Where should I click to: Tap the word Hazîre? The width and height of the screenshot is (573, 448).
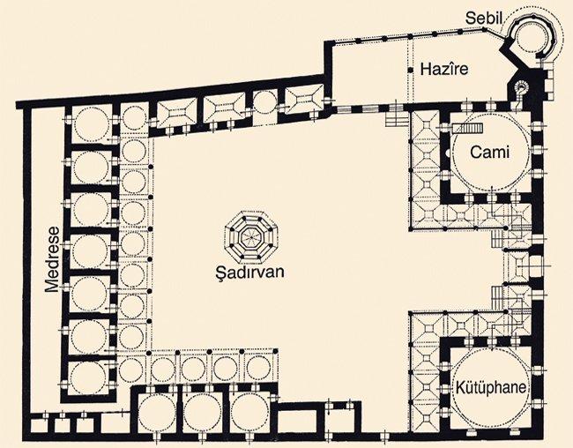pos(444,69)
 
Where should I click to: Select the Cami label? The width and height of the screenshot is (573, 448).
pos(489,152)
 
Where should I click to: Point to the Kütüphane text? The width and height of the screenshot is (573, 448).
pos(491,388)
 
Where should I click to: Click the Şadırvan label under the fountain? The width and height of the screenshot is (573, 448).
pos(250,273)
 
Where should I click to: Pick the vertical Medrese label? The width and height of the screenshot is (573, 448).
pos(52,259)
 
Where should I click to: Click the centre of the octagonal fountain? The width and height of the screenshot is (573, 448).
pos(251,237)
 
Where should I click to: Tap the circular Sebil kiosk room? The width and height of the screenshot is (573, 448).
pos(532,36)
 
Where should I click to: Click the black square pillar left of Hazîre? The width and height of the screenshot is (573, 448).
pos(411,70)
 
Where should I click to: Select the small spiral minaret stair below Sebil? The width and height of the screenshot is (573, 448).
pos(521,88)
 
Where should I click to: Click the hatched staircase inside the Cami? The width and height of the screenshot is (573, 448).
pos(468,129)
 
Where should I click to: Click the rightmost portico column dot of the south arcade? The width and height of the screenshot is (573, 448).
pos(276,352)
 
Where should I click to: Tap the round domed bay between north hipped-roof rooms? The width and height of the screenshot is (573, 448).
pos(264,102)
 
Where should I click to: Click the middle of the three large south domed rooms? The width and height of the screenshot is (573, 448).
pos(202,413)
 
